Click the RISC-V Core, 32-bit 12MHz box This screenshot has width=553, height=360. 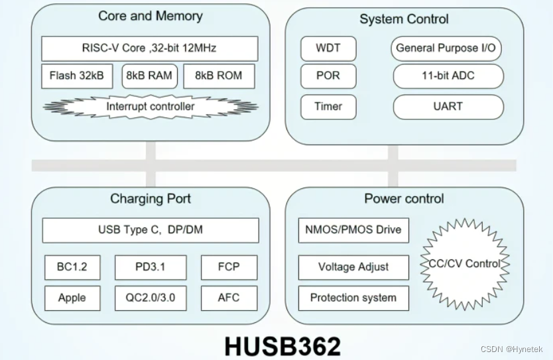point(150,48)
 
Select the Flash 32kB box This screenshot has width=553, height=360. point(77,76)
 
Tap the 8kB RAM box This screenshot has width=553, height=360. point(149,76)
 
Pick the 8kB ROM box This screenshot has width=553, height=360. point(219,76)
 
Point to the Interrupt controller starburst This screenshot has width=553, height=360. point(151,106)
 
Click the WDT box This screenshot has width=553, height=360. point(329,48)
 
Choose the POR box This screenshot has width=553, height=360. point(329,76)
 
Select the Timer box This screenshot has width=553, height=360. point(329,106)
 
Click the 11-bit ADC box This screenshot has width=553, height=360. point(448,76)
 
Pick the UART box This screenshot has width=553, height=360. point(448,106)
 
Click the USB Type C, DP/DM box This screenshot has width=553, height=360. point(151,230)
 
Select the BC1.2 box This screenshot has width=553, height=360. point(72,267)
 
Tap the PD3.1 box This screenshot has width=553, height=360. point(150,267)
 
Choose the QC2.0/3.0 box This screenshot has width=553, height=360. point(150,298)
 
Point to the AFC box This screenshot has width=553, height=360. point(229,298)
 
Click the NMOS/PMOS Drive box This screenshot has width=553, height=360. point(353,230)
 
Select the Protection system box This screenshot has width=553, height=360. point(353,298)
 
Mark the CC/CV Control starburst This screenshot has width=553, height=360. point(463,264)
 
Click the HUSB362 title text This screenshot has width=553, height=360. point(282,345)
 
